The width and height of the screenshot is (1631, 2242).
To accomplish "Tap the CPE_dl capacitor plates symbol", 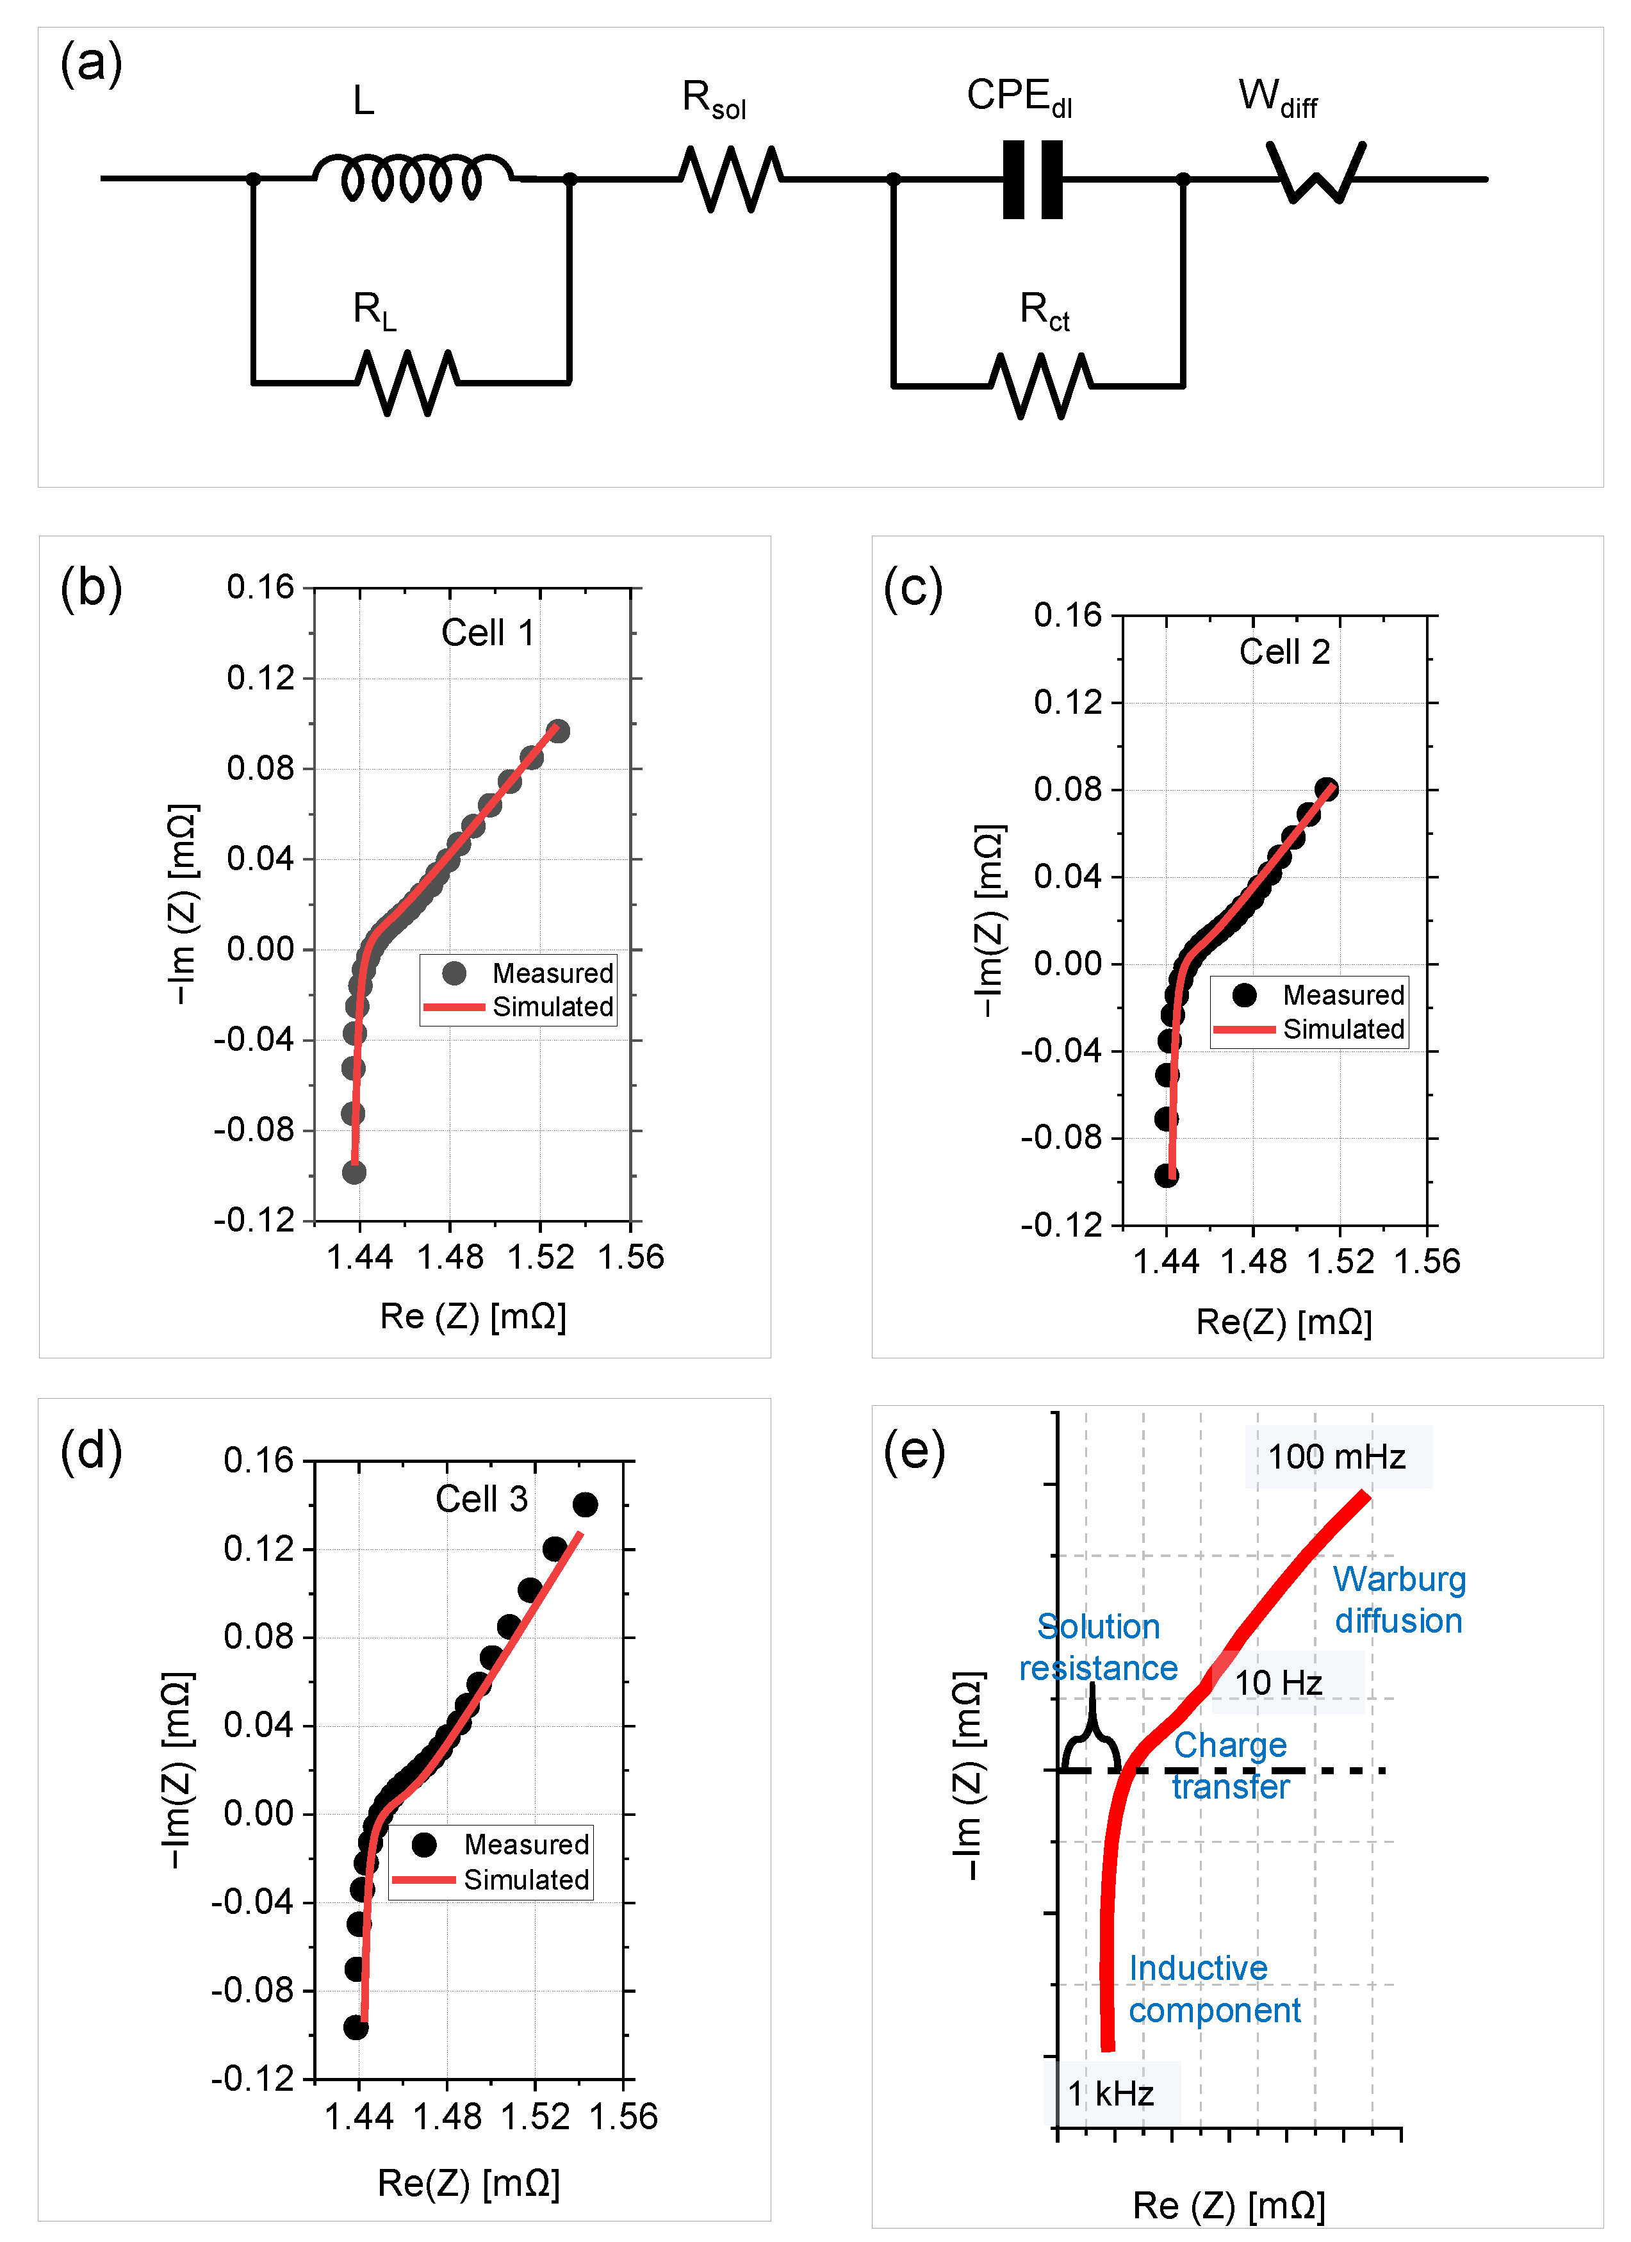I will tap(1032, 179).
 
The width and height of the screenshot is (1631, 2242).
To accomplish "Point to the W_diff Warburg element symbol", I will tap(1316, 173).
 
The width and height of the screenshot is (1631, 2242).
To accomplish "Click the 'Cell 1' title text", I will tap(488, 632).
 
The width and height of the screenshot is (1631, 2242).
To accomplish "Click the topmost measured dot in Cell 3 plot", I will tap(585, 1504).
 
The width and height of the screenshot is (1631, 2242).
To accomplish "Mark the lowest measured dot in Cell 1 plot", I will tap(354, 1173).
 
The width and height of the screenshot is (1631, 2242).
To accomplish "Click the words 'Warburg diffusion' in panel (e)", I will tap(1398, 1599).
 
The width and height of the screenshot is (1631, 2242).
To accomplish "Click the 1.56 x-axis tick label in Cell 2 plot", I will tap(1427, 1262).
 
